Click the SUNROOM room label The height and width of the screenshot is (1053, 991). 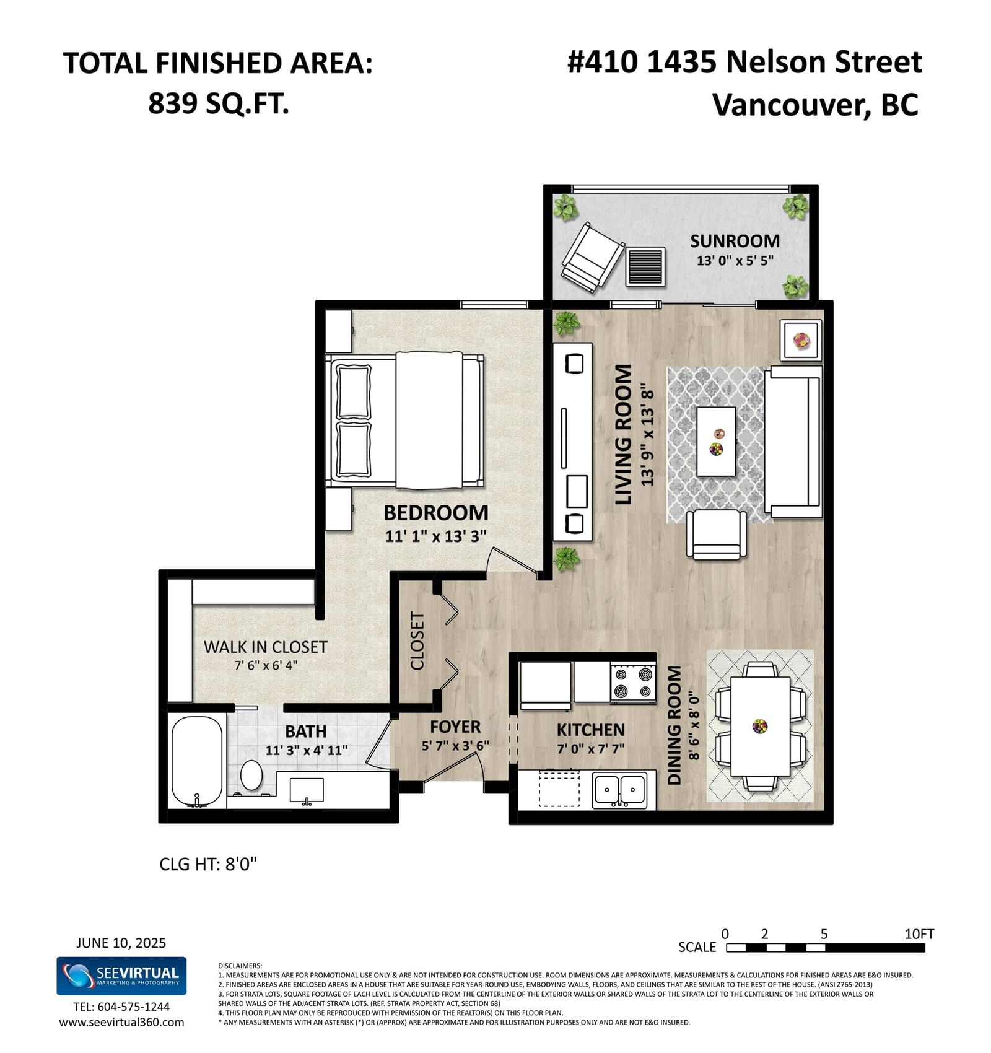click(735, 241)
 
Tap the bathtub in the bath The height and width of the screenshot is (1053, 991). click(196, 761)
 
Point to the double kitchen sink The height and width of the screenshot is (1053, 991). click(620, 790)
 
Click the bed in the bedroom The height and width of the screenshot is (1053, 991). click(405, 421)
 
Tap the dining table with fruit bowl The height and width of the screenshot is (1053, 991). click(761, 726)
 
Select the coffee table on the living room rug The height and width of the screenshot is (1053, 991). click(716, 441)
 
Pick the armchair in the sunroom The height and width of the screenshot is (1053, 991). click(593, 257)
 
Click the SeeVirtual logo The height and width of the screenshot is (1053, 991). click(121, 976)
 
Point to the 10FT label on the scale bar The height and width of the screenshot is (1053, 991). click(919, 933)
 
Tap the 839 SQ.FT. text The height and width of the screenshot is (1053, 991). click(219, 103)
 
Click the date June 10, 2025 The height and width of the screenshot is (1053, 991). click(121, 943)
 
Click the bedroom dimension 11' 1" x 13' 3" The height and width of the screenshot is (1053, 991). click(435, 536)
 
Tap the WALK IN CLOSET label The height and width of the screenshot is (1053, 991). click(266, 647)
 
